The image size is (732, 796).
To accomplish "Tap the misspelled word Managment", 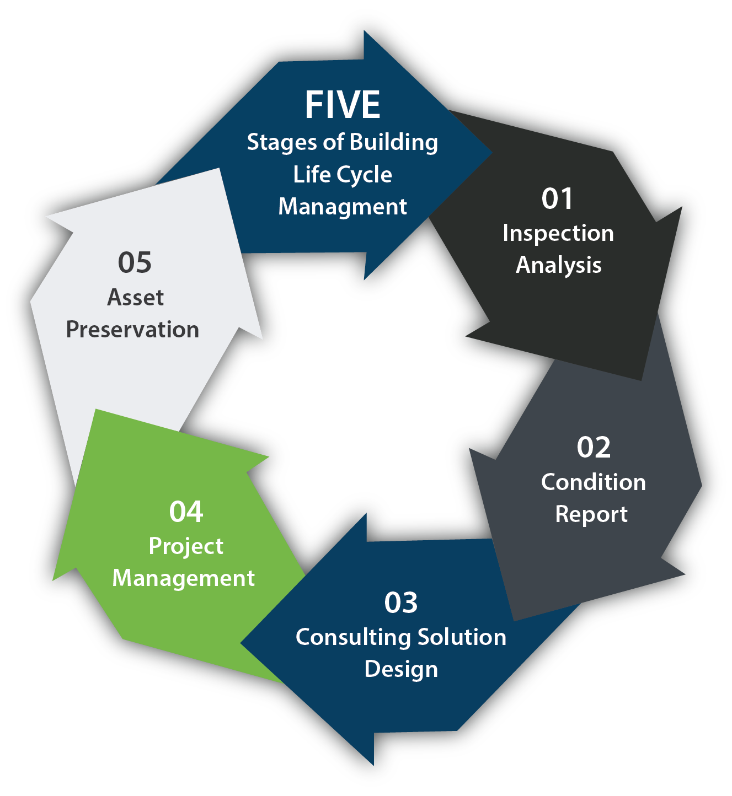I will [x=343, y=207].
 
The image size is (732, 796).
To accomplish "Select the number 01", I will [x=558, y=198].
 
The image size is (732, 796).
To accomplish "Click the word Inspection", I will [x=558, y=233].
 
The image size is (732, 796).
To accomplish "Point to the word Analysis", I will [x=558, y=265].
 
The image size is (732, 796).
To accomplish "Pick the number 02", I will [x=594, y=447].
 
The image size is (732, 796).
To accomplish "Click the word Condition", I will [x=594, y=482].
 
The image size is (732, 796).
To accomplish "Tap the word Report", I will [x=591, y=514].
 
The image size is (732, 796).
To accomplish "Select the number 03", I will [x=401, y=603].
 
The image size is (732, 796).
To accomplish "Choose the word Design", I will [x=401, y=669].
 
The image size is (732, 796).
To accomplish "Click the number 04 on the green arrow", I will [x=186, y=512].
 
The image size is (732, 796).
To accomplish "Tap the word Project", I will [x=186, y=546].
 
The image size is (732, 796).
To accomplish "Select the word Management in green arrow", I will [x=184, y=578].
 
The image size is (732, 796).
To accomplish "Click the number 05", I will [x=135, y=262].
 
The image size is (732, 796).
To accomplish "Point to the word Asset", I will [x=135, y=298].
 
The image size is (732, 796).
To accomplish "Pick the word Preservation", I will [x=132, y=330].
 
